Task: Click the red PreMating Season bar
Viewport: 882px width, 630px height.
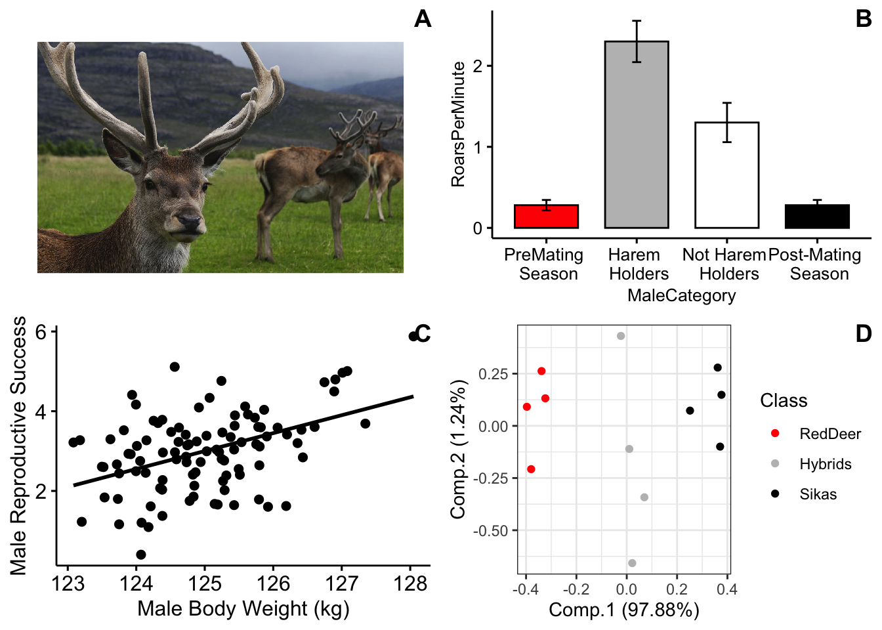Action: pyautogui.click(x=546, y=217)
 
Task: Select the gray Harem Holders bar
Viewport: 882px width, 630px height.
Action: pyautogui.click(x=636, y=135)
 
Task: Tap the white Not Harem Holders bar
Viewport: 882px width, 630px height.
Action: pyautogui.click(x=726, y=175)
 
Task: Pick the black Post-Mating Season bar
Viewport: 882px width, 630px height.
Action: pyautogui.click(x=817, y=217)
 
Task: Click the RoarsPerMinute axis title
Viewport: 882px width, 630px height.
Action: pyautogui.click(x=458, y=124)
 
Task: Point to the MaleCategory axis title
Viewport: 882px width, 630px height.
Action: pyautogui.click(x=681, y=295)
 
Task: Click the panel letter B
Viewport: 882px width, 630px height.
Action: pyautogui.click(x=864, y=18)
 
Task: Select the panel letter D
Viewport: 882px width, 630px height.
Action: pyautogui.click(x=864, y=333)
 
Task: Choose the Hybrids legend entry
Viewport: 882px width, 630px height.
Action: pyautogui.click(x=825, y=464)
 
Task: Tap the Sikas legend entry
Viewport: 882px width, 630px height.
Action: pyautogui.click(x=818, y=494)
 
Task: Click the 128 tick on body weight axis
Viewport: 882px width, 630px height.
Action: pyautogui.click(x=410, y=583)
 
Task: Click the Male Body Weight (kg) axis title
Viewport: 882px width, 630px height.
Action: pyautogui.click(x=243, y=609)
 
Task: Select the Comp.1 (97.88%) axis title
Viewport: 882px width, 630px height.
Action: pyautogui.click(x=624, y=610)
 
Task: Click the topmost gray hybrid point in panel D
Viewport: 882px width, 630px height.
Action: pyautogui.click(x=621, y=336)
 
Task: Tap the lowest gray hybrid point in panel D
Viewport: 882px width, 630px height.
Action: pyautogui.click(x=632, y=563)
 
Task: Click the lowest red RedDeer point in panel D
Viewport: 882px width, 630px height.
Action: pyautogui.click(x=531, y=469)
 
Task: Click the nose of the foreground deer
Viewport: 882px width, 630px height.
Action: pyautogui.click(x=189, y=222)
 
